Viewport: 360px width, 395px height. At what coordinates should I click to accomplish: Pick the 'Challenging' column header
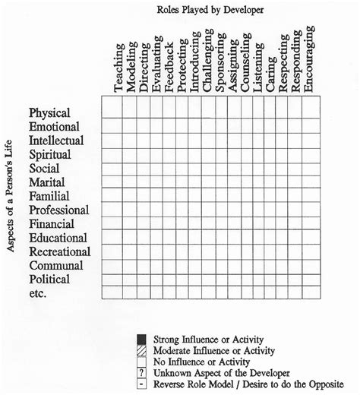tap(208, 62)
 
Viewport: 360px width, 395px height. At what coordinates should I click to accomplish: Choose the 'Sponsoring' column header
tap(221, 64)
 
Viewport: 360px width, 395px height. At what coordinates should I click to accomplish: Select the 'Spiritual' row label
tap(52, 154)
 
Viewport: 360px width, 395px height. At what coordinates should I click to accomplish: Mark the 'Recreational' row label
tap(60, 251)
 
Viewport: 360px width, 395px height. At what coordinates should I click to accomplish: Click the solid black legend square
tap(141, 338)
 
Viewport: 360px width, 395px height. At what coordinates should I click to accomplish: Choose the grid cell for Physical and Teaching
tap(111, 107)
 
